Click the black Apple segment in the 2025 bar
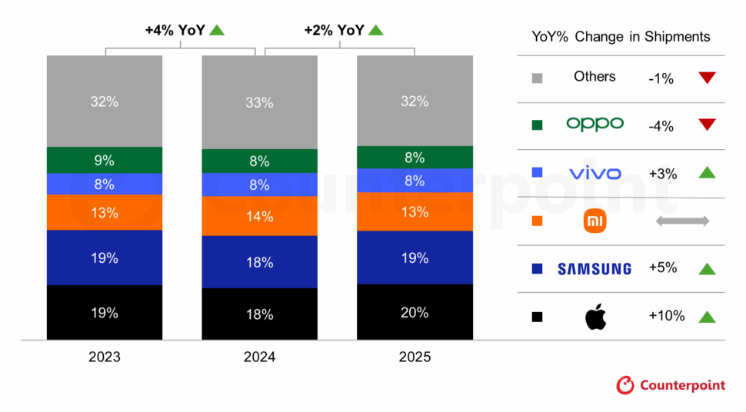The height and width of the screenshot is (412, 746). [414, 312]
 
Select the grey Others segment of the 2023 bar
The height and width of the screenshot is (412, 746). [104, 101]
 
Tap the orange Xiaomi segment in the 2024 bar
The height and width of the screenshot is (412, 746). [259, 216]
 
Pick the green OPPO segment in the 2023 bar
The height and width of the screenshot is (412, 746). [104, 160]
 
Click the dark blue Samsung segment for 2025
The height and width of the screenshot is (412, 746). [414, 257]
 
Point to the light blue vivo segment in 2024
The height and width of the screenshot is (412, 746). [259, 184]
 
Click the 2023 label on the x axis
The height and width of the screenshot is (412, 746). [105, 357]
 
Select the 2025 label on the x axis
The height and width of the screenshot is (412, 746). [415, 357]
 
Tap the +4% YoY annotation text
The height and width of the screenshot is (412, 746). [175, 31]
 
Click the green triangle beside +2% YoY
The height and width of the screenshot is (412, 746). [375, 31]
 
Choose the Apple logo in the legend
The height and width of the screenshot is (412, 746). [595, 316]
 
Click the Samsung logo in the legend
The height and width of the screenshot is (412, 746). [594, 269]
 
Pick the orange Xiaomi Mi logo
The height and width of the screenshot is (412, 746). [594, 221]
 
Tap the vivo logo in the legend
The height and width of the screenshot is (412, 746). [594, 174]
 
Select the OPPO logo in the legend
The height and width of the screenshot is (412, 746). [594, 124]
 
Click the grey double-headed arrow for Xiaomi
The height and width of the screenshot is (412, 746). [681, 221]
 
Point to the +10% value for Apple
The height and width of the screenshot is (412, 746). [667, 316]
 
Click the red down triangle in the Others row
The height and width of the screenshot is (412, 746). [707, 77]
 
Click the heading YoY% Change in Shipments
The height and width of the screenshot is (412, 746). [621, 37]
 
